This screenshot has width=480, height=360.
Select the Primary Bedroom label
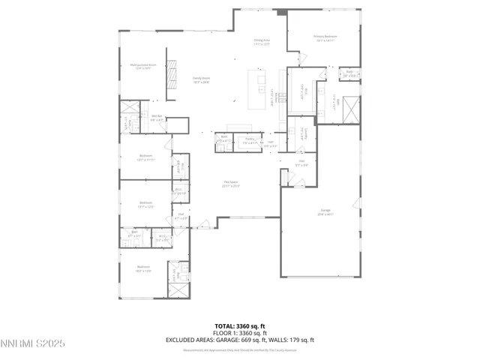324,37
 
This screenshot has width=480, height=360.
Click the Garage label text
325,213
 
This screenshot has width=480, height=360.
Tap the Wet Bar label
157,117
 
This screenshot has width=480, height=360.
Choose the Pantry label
249,140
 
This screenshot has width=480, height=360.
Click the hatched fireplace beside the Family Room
172,79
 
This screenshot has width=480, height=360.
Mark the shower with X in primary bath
349,110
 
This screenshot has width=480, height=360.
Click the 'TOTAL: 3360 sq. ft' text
239,326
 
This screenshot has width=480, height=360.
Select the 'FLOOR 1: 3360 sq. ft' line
239,332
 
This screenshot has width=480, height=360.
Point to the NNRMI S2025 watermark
33,343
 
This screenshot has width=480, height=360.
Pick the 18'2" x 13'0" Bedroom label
144,268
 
